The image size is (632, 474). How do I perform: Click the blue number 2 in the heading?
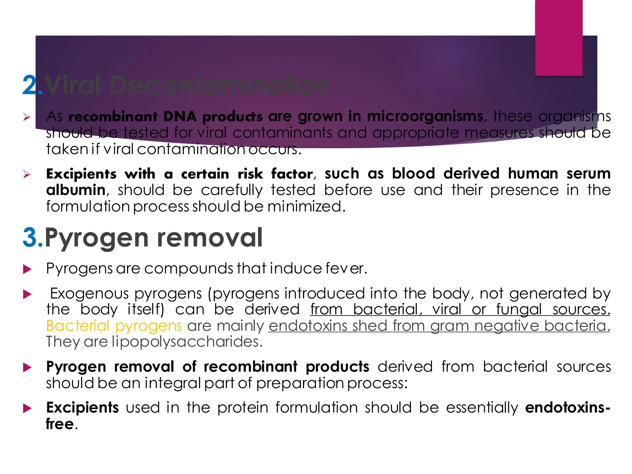coord(30,85)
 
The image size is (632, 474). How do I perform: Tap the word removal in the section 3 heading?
coord(210,238)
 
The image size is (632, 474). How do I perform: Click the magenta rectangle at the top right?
coord(559,38)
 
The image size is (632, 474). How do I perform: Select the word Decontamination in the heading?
coord(219,85)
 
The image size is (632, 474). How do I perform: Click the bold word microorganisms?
coord(425,117)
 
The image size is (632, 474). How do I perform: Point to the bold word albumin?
coord(76,190)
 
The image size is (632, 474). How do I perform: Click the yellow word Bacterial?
coord(78,326)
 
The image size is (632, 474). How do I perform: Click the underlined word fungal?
coord(519,310)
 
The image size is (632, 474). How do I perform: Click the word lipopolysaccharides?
coord(187,342)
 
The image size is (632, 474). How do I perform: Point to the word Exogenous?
coord(89,293)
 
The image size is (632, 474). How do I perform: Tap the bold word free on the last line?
coord(60,424)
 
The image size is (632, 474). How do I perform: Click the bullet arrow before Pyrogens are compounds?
coord(27,269)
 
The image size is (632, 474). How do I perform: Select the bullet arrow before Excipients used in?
coord(27,409)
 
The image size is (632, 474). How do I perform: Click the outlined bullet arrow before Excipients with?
coord(27,175)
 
